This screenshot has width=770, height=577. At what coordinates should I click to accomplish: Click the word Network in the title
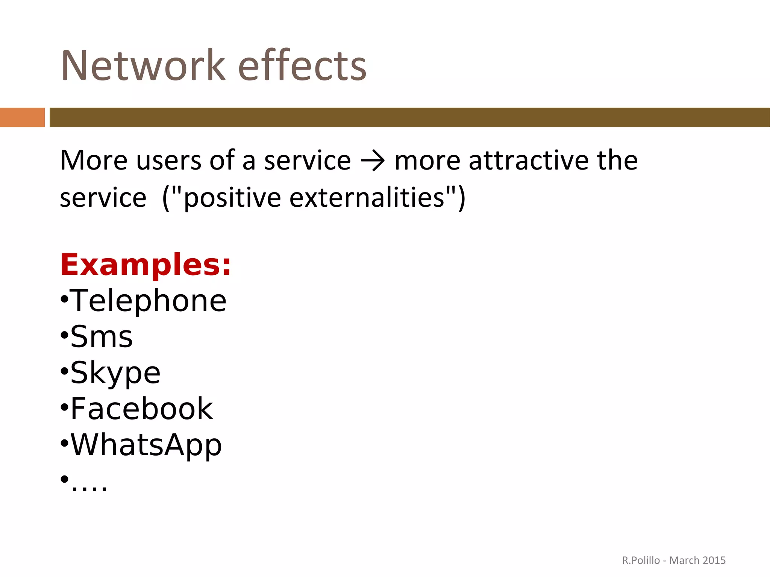click(x=143, y=66)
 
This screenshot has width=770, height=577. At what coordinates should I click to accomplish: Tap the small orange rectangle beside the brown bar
click(x=22, y=117)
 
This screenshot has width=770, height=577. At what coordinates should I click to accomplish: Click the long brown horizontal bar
click(x=409, y=117)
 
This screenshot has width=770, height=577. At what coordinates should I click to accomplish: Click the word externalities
click(x=367, y=198)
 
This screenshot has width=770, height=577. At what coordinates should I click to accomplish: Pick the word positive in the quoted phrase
click(x=232, y=198)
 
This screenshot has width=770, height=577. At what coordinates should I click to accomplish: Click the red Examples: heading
click(x=146, y=265)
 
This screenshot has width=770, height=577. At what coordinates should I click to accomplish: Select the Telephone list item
click(x=148, y=301)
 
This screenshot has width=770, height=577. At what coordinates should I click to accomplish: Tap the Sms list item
click(x=102, y=337)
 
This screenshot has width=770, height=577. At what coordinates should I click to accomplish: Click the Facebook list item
click(x=141, y=409)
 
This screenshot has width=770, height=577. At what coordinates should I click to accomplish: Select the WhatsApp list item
click(x=146, y=445)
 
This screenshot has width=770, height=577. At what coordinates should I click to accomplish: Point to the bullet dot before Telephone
click(x=64, y=300)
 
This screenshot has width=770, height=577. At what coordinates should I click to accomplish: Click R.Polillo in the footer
click(x=641, y=560)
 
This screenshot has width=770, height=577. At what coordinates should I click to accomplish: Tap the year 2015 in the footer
click(x=714, y=560)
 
